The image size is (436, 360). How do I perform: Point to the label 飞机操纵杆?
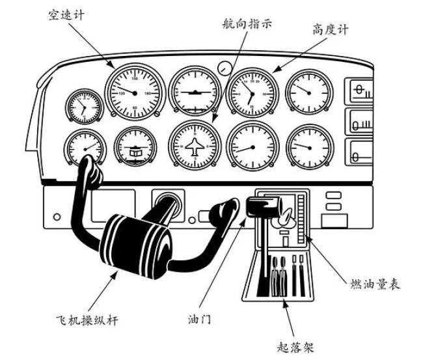click(86, 320)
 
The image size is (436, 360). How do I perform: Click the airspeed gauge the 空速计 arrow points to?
click(135, 92)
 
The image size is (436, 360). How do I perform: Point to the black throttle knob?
click(261, 207)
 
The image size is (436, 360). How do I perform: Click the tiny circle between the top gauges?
click(225, 67)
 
